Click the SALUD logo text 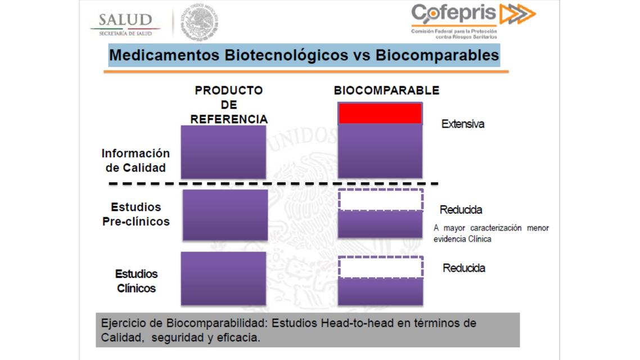pyautogui.click(x=125, y=20)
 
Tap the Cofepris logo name pyautogui.click(x=454, y=13)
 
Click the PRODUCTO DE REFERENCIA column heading pyautogui.click(x=228, y=105)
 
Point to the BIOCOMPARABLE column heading pyautogui.click(x=386, y=91)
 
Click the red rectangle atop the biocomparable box pyautogui.click(x=380, y=113)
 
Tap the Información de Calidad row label pyautogui.click(x=136, y=160)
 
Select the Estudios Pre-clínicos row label pyautogui.click(x=136, y=214)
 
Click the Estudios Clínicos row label pyautogui.click(x=137, y=281)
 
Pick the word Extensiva pyautogui.click(x=462, y=124)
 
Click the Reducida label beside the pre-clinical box pyautogui.click(x=461, y=210)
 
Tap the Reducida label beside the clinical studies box pyautogui.click(x=464, y=268)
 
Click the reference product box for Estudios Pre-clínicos pyautogui.click(x=225, y=215)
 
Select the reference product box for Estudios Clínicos pyautogui.click(x=223, y=278)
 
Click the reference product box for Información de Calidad pyautogui.click(x=223, y=152)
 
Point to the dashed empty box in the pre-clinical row pyautogui.click(x=381, y=200)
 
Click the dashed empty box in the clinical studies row pyautogui.click(x=381, y=267)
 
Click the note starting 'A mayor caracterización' pyautogui.click(x=490, y=233)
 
